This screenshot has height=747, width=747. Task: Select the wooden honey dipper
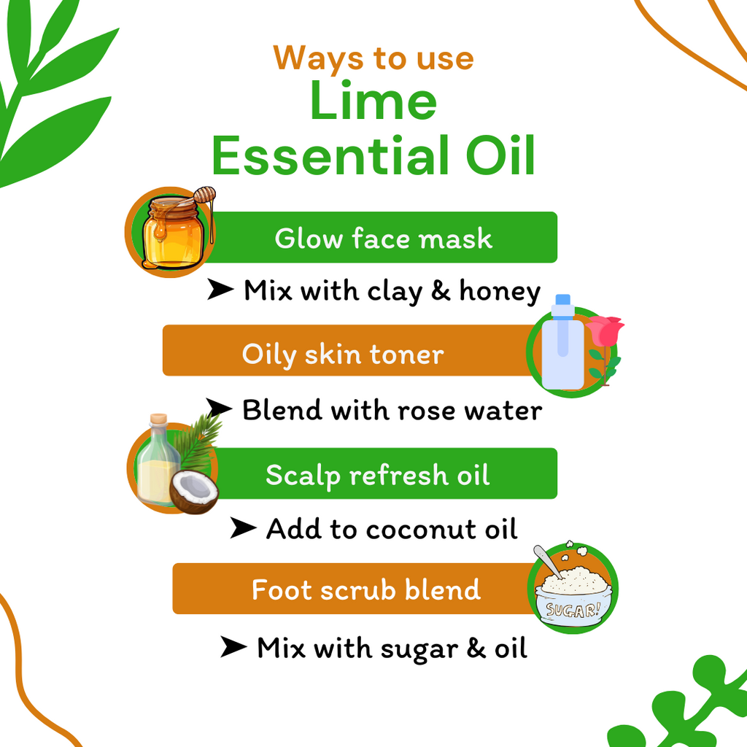click(x=205, y=196)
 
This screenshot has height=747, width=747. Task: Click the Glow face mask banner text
click(x=383, y=239)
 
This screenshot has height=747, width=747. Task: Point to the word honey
click(x=500, y=292)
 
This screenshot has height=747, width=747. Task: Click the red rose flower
click(x=604, y=332)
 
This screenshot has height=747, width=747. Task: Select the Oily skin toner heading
click(x=343, y=355)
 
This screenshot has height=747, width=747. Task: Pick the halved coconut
click(x=194, y=491)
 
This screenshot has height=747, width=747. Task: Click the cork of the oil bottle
click(x=158, y=421)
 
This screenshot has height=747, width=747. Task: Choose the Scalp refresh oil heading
click(x=377, y=475)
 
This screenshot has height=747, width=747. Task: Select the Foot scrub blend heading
click(x=366, y=589)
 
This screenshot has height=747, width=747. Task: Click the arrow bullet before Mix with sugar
click(x=233, y=646)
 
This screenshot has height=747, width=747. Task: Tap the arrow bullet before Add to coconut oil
click(x=243, y=528)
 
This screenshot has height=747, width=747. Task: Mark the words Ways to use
click(x=373, y=58)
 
